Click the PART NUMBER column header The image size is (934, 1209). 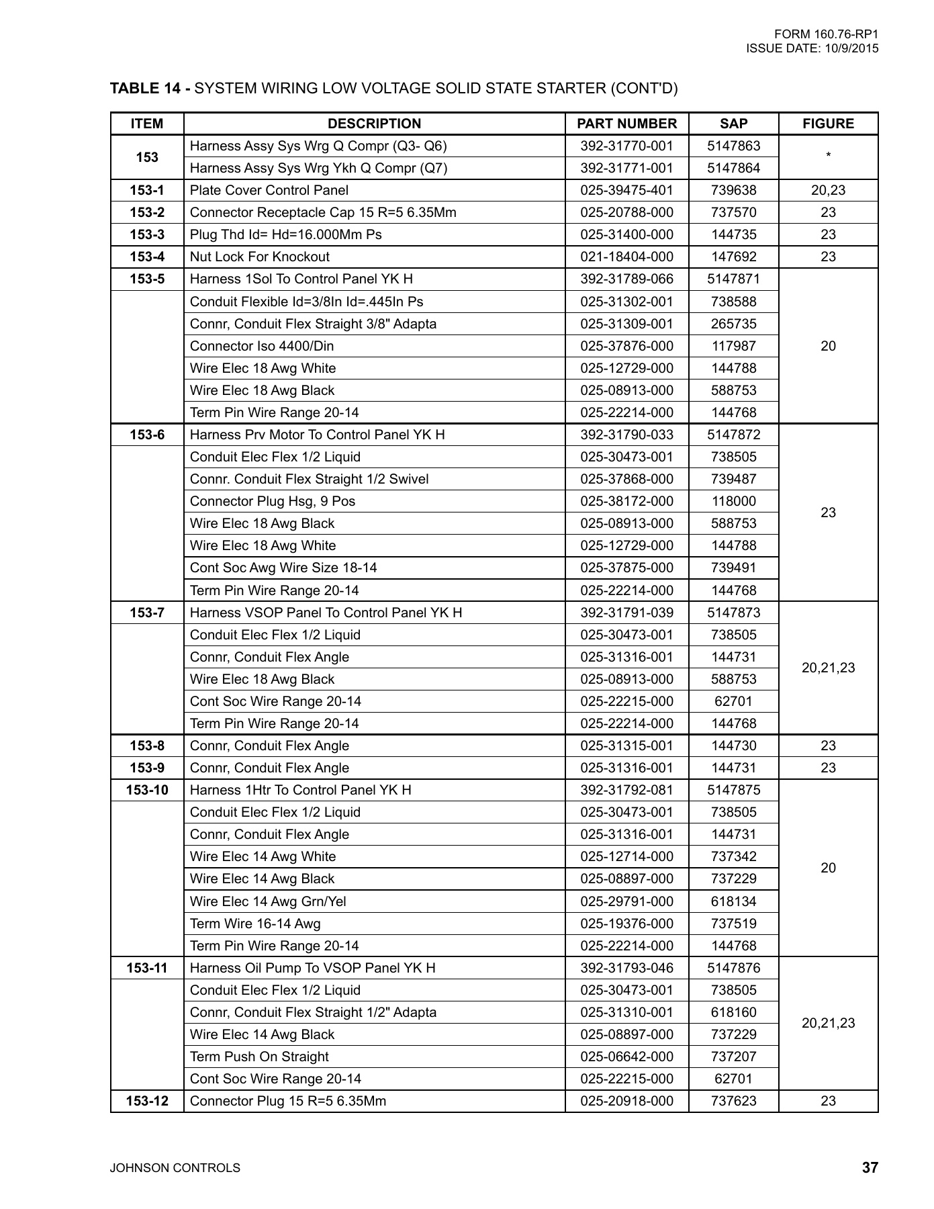[626, 124]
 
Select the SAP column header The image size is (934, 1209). [733, 124]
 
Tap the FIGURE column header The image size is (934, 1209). [828, 124]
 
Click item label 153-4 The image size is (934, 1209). [147, 257]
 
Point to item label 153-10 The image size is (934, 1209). [147, 790]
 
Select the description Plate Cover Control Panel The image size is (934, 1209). [269, 190]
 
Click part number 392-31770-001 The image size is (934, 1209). [626, 146]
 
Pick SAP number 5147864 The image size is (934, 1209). [733, 168]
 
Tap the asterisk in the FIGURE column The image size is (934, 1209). [829, 156]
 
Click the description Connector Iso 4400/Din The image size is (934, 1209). [262, 346]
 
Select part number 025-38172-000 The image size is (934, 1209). [626, 501]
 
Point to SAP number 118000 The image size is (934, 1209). [733, 501]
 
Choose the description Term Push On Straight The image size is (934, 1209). [259, 1057]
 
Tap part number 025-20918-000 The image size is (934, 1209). [626, 1101]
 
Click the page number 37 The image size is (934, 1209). [870, 1167]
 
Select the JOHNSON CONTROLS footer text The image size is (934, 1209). [175, 1168]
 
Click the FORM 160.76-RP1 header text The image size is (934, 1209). [826, 34]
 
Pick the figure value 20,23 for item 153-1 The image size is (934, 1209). [828, 190]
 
